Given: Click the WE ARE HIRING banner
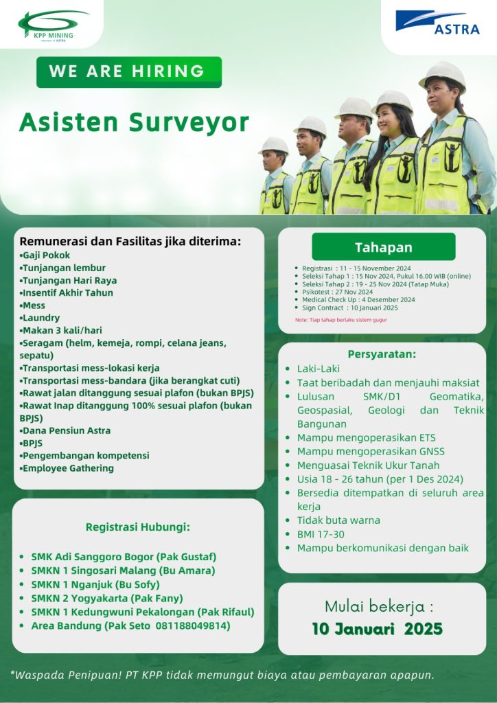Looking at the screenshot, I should point(128,71).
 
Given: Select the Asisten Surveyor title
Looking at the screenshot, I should point(134,122).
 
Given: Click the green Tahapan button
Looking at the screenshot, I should point(383,247).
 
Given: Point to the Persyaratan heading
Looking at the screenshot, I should point(382,354).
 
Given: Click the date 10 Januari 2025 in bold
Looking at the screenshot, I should point(377,628).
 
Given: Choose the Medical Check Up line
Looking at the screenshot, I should point(358,299).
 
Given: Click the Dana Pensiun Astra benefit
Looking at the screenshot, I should point(66,430).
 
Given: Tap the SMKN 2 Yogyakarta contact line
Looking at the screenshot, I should point(107,598).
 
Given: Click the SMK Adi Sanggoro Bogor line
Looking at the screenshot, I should point(124,557).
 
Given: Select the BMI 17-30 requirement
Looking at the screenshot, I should point(321,533).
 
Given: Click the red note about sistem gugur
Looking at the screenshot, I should point(340,320).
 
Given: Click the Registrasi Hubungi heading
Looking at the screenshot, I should point(137,527).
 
